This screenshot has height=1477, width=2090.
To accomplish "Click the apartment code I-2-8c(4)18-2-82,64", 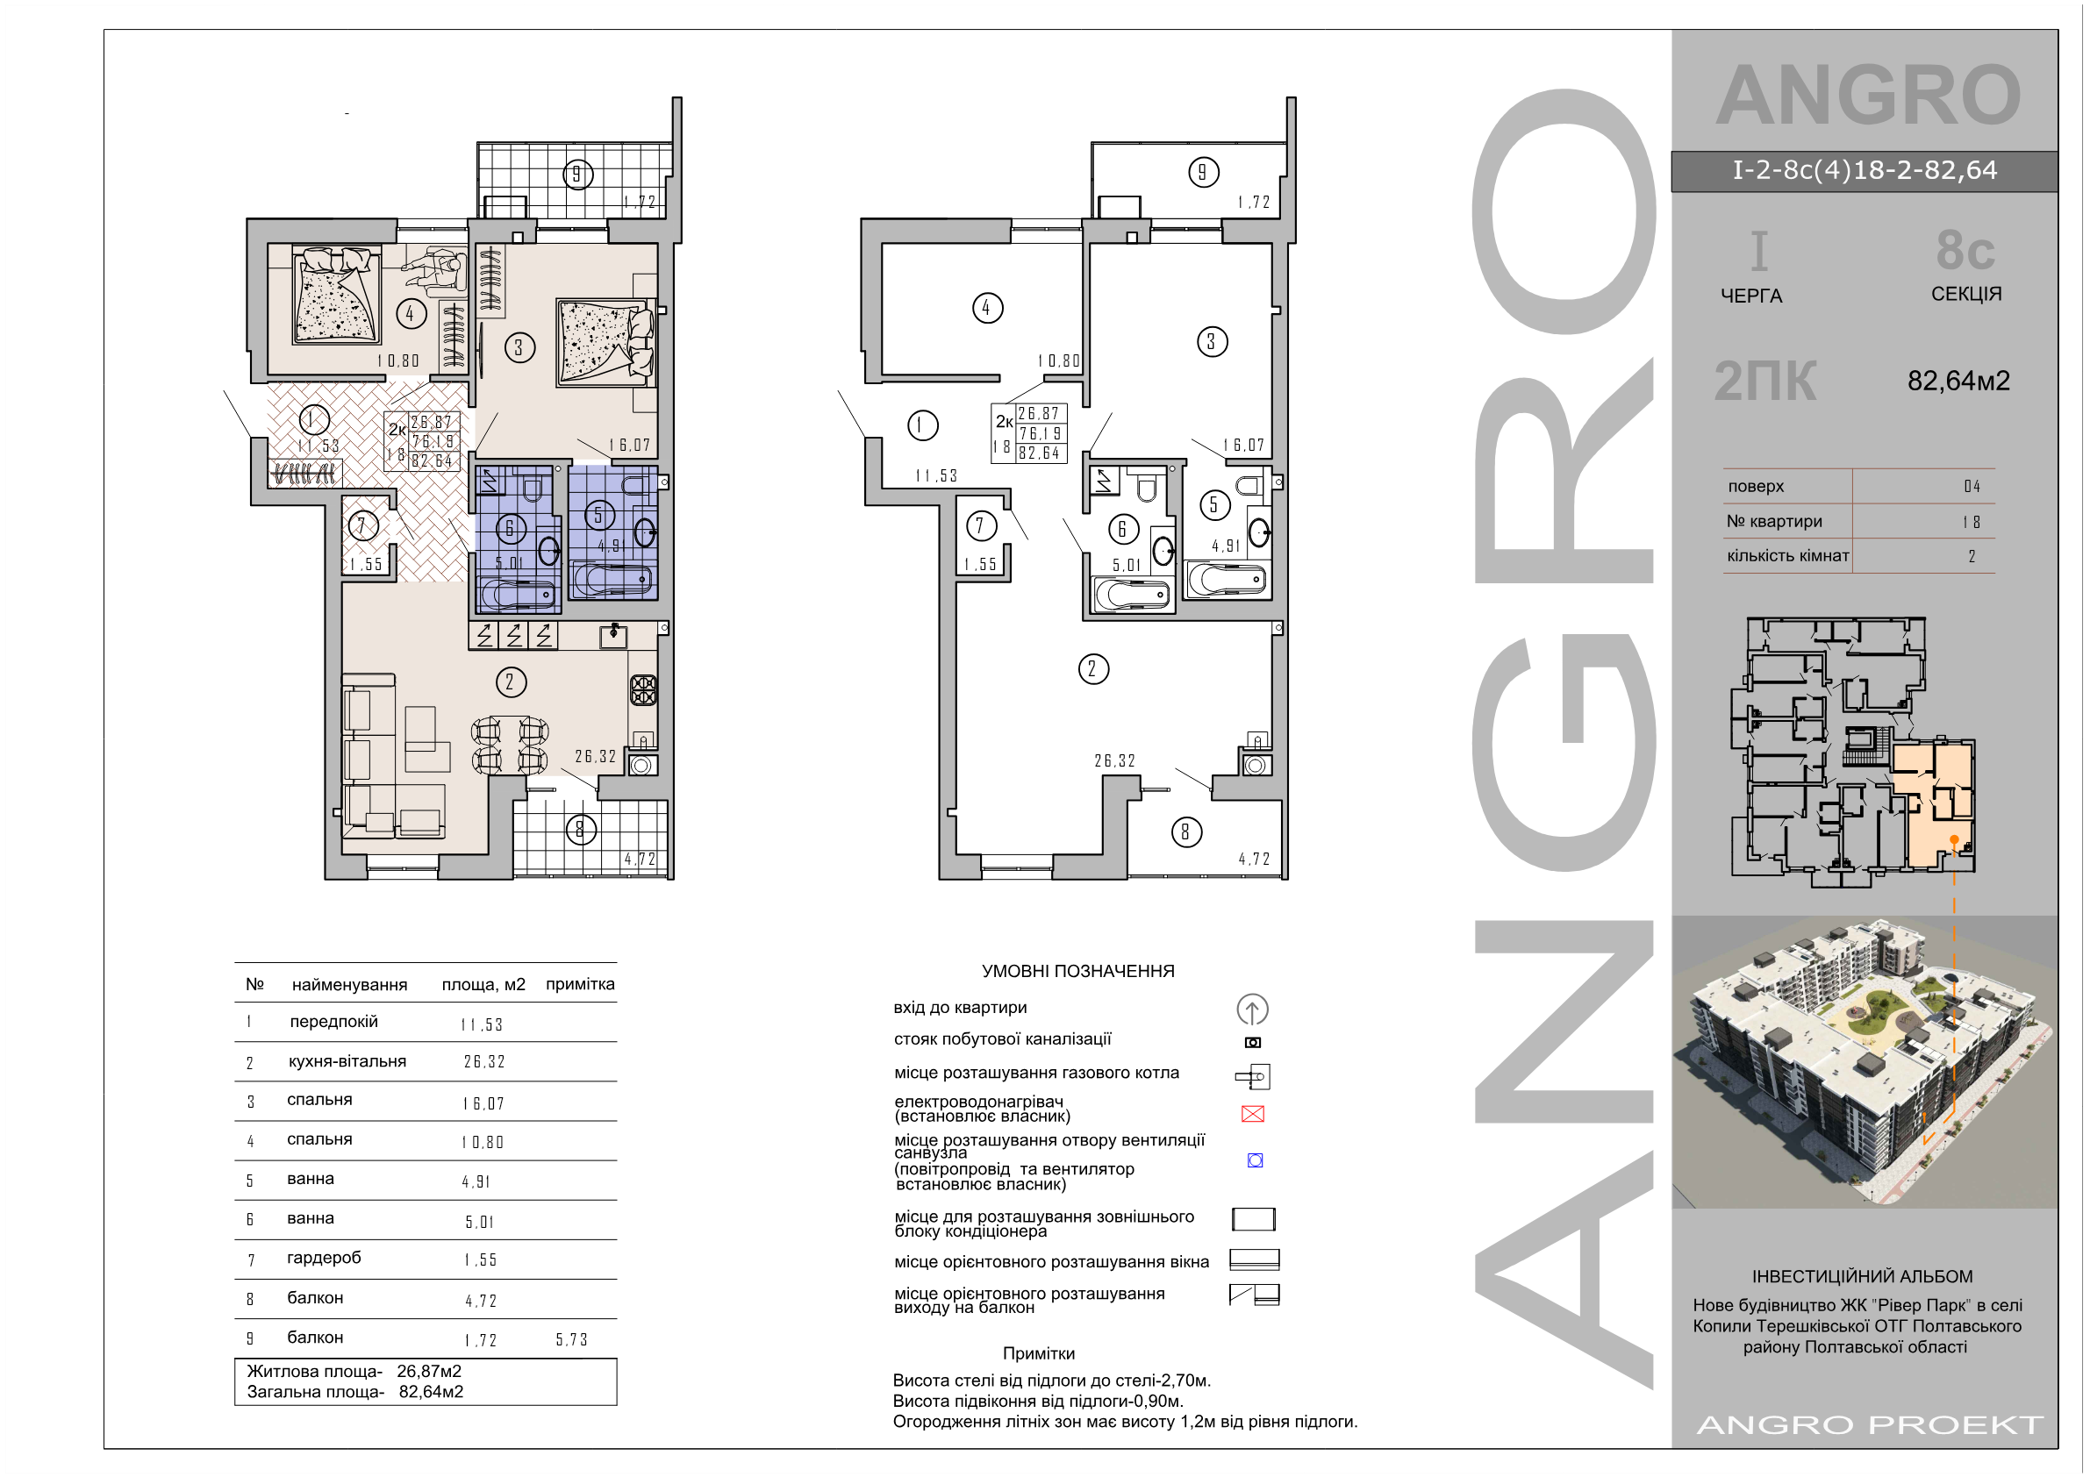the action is tap(1865, 170).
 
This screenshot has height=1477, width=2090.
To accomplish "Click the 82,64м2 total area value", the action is tap(1958, 381).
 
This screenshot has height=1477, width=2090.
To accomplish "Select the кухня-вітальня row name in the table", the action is tap(347, 1061).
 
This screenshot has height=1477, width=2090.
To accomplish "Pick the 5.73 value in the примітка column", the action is tap(572, 1339).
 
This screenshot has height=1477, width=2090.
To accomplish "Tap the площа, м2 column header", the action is tap(483, 984).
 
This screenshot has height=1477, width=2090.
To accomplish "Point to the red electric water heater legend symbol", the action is tap(1253, 1114).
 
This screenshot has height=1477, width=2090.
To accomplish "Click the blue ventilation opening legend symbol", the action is tap(1255, 1160).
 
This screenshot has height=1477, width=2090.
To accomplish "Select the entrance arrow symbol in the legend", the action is tap(1253, 1010).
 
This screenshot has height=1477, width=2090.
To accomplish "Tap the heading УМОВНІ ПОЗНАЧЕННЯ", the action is tap(1077, 971).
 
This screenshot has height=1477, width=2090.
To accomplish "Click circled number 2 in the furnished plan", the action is tap(511, 682).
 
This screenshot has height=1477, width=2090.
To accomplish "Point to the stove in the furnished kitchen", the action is tap(643, 689).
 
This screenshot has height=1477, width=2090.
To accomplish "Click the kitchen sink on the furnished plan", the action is tap(613, 635).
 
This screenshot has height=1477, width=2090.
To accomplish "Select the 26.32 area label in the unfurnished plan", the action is tap(1115, 760).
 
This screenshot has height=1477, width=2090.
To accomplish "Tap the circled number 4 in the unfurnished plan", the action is tap(988, 308).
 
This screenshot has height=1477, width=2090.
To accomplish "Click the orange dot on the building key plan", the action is tap(1953, 839).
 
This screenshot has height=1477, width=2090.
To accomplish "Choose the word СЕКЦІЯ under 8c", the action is tap(1966, 294).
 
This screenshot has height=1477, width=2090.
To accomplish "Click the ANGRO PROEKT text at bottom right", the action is tap(1871, 1424).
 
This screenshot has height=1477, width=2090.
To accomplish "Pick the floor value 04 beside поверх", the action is tap(1972, 486).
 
